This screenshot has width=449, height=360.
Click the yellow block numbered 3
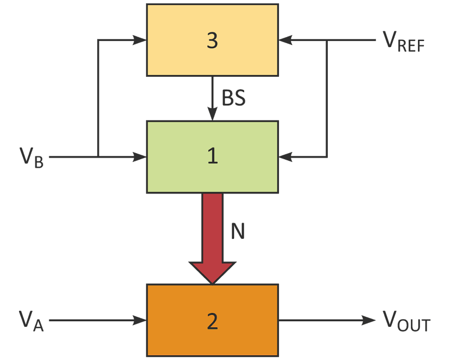pyautogui.click(x=213, y=40)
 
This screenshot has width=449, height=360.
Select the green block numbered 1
pyautogui.click(x=213, y=157)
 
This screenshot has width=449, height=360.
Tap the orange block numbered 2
pyautogui.click(x=213, y=320)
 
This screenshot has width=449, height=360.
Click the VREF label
pyautogui.click(x=404, y=42)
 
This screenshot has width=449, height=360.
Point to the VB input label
pyautogui.click(x=31, y=158)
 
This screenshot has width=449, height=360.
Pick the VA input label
pyautogui.click(x=31, y=321)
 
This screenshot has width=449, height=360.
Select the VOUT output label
pyautogui.click(x=406, y=321)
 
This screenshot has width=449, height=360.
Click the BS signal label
pyautogui.click(x=233, y=98)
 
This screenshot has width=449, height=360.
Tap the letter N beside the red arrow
pyautogui.click(x=237, y=231)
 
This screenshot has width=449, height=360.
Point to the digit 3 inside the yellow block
pyautogui.click(x=212, y=40)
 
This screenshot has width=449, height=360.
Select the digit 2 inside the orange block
pyautogui.click(x=212, y=321)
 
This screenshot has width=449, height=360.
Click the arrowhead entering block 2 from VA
pyautogui.click(x=140, y=320)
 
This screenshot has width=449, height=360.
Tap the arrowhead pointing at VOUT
pyautogui.click(x=369, y=320)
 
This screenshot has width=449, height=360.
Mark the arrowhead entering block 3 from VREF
pyautogui.click(x=285, y=40)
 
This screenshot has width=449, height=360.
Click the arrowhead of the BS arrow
pyautogui.click(x=213, y=114)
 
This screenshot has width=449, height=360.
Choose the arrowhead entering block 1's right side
pyautogui.click(x=285, y=157)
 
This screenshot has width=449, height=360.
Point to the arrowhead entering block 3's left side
pyautogui.click(x=140, y=40)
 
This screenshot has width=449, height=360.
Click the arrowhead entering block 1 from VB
pyautogui.click(x=140, y=157)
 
